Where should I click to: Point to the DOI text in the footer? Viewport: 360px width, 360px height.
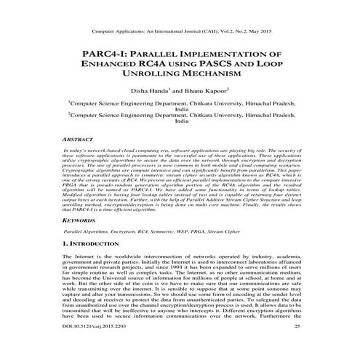click(x=95, y=349)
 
